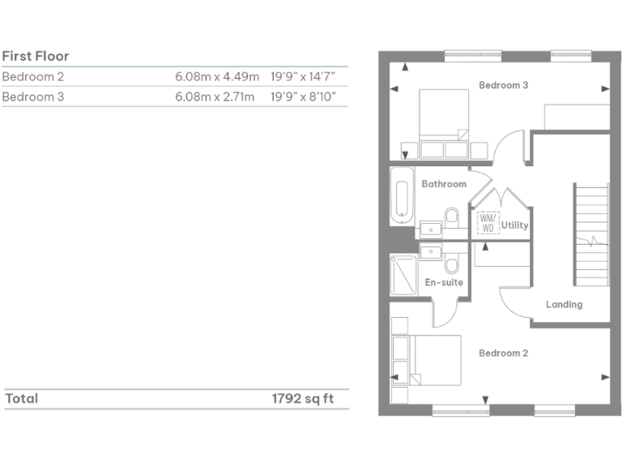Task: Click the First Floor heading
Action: pyautogui.click(x=36, y=56)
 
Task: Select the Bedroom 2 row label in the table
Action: pyautogui.click(x=33, y=77)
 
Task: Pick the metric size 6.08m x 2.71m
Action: pyautogui.click(x=216, y=97)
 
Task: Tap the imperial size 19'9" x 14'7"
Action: pyautogui.click(x=303, y=77)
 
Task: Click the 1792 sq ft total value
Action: pyautogui.click(x=302, y=399)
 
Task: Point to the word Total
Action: pyautogui.click(x=22, y=399)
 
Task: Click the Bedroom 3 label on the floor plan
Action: pyautogui.click(x=504, y=85)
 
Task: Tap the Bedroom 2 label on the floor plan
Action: pyautogui.click(x=503, y=353)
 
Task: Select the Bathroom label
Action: pyautogui.click(x=444, y=184)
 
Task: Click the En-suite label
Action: pyautogui.click(x=444, y=282)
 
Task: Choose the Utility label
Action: pyautogui.click(x=514, y=225)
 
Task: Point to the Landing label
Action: pyautogui.click(x=564, y=305)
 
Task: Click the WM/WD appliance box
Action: pyautogui.click(x=487, y=223)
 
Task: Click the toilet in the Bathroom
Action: pyautogui.click(x=451, y=217)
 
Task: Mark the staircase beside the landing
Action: pyautogui.click(x=591, y=235)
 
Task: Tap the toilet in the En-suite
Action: pyautogui.click(x=451, y=263)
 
